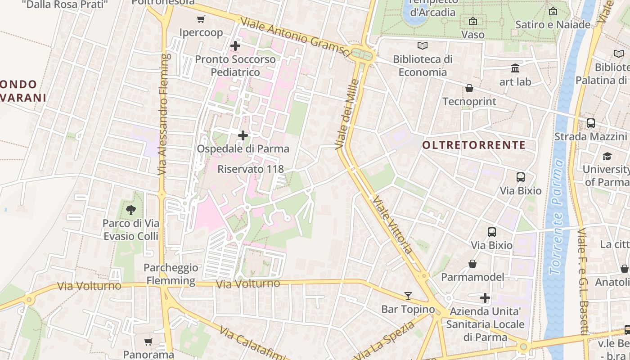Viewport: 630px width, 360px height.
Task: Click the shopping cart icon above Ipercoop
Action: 201,19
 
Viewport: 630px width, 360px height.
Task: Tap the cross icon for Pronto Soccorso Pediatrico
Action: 235,46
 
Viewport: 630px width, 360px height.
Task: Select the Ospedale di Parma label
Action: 243,148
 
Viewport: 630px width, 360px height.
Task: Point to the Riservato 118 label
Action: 251,169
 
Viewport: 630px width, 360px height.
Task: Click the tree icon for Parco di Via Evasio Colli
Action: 131,210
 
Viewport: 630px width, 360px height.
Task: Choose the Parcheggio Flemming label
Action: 171,274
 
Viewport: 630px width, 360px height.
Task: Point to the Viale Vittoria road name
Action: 392,225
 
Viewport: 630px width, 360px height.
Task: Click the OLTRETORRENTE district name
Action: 474,145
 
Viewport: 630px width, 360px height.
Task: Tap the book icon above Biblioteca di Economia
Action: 422,45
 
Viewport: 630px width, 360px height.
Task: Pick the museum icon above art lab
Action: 515,68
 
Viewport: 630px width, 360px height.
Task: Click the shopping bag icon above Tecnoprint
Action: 469,88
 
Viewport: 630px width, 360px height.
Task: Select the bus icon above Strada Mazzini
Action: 590,123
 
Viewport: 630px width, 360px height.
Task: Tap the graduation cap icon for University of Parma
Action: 607,157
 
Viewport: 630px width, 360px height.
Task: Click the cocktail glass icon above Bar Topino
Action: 408,296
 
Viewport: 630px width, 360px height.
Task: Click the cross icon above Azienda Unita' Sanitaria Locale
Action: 485,297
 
